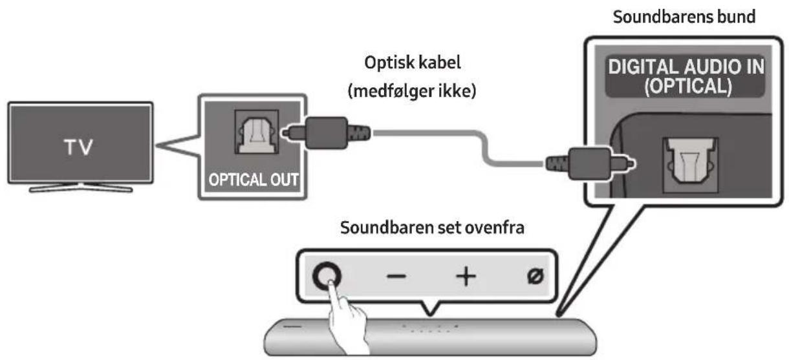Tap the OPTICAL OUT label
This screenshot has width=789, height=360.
click(x=253, y=179)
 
